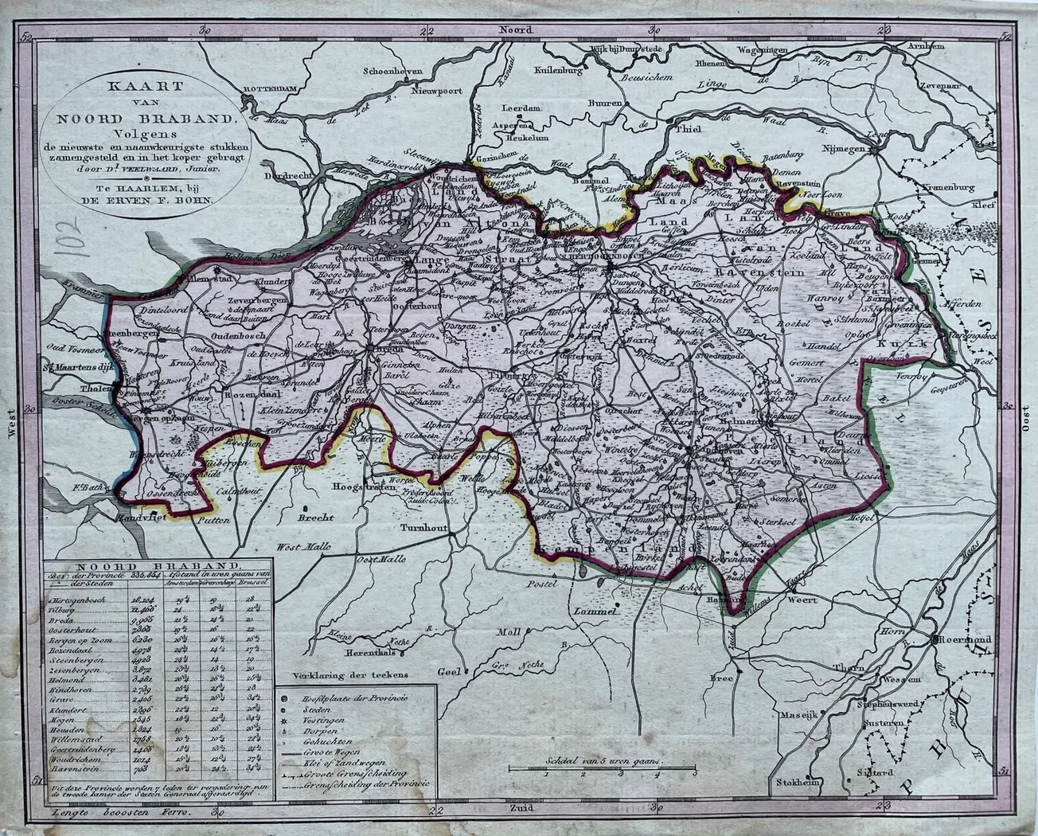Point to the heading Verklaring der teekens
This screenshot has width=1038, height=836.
(350, 674)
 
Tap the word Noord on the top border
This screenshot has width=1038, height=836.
(514, 28)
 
